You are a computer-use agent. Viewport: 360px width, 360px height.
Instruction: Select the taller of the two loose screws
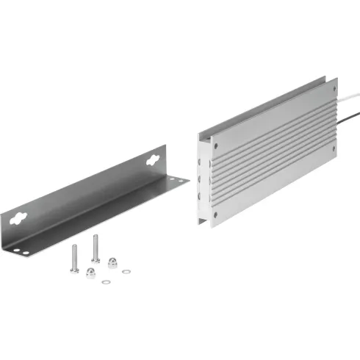tap(96, 248)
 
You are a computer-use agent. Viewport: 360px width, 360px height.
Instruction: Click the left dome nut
tap(90, 272)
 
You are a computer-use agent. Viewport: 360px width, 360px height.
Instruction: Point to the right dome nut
tap(113, 262)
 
